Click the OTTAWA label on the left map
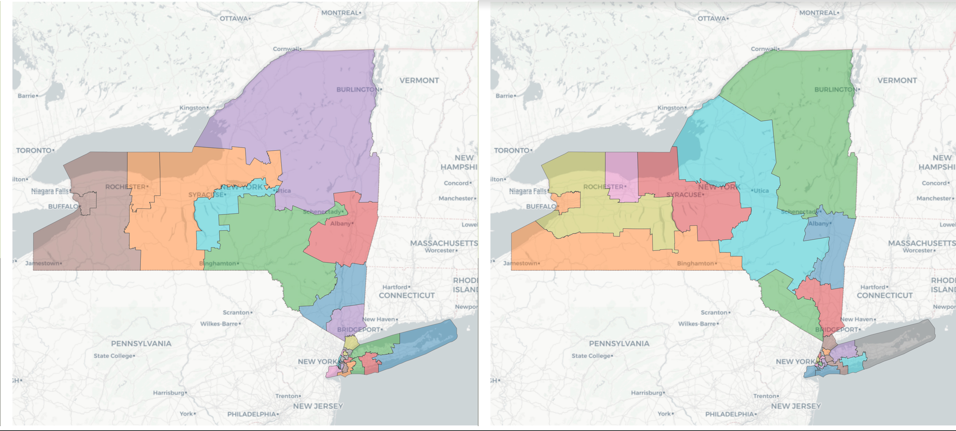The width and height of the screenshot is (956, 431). pyautogui.click(x=234, y=18)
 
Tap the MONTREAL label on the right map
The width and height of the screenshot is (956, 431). pyautogui.click(x=818, y=13)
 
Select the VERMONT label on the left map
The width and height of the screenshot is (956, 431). pyautogui.click(x=419, y=80)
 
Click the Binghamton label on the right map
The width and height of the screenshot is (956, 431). pyautogui.click(x=695, y=263)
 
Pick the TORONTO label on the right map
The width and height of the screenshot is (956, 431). pyautogui.click(x=511, y=150)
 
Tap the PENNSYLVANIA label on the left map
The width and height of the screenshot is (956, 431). pyautogui.click(x=141, y=343)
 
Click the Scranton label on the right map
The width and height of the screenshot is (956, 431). pyautogui.click(x=714, y=312)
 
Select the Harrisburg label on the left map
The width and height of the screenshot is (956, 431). pyautogui.click(x=169, y=392)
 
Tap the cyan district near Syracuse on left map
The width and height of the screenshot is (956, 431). pyautogui.click(x=208, y=223)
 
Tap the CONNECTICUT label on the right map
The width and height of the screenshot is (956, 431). pyautogui.click(x=884, y=295)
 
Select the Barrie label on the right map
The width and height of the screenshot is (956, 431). pyautogui.click(x=504, y=96)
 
